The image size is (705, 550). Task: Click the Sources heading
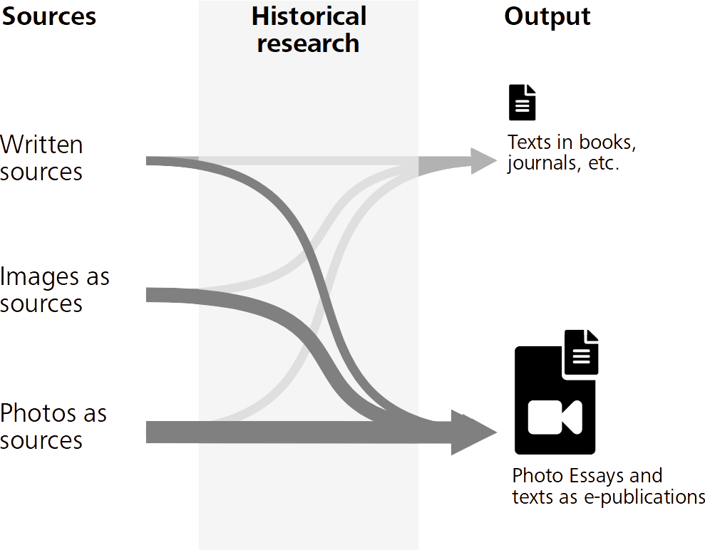[48, 16]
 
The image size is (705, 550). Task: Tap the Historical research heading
[309, 29]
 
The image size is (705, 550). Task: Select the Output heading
[547, 16]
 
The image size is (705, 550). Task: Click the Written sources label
[42, 158]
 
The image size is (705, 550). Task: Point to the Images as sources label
[55, 289]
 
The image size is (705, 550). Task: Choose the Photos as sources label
[53, 426]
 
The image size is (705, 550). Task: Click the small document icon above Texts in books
[522, 102]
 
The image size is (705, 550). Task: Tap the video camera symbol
[555, 417]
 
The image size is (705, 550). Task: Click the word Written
[42, 145]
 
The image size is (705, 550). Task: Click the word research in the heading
[309, 43]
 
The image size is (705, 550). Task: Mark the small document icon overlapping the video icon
[581, 353]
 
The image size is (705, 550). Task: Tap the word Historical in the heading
[309, 16]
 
